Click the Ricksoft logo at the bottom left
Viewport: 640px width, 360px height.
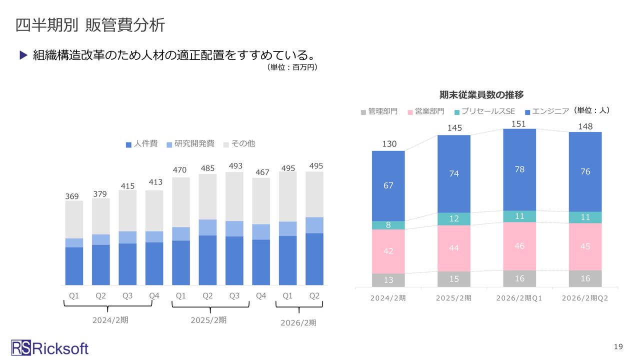click(x=50, y=347)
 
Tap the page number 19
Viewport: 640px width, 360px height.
click(x=618, y=346)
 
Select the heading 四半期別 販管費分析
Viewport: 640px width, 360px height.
click(x=90, y=25)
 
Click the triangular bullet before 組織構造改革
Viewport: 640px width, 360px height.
click(x=23, y=55)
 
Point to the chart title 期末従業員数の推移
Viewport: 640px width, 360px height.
click(x=481, y=94)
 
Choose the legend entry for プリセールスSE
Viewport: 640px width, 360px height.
click(x=485, y=111)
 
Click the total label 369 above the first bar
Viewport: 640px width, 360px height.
click(x=72, y=196)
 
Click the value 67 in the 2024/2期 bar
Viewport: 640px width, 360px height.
click(x=388, y=185)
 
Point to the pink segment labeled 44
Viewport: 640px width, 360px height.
click(x=453, y=248)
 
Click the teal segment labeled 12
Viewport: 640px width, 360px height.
click(x=453, y=219)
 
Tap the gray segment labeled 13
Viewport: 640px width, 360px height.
click(x=388, y=280)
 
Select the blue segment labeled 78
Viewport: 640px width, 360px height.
click(x=519, y=169)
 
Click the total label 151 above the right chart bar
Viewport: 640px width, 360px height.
click(x=519, y=124)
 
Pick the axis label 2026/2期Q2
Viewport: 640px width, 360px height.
click(x=585, y=298)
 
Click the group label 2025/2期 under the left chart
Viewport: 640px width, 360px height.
click(x=208, y=320)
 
